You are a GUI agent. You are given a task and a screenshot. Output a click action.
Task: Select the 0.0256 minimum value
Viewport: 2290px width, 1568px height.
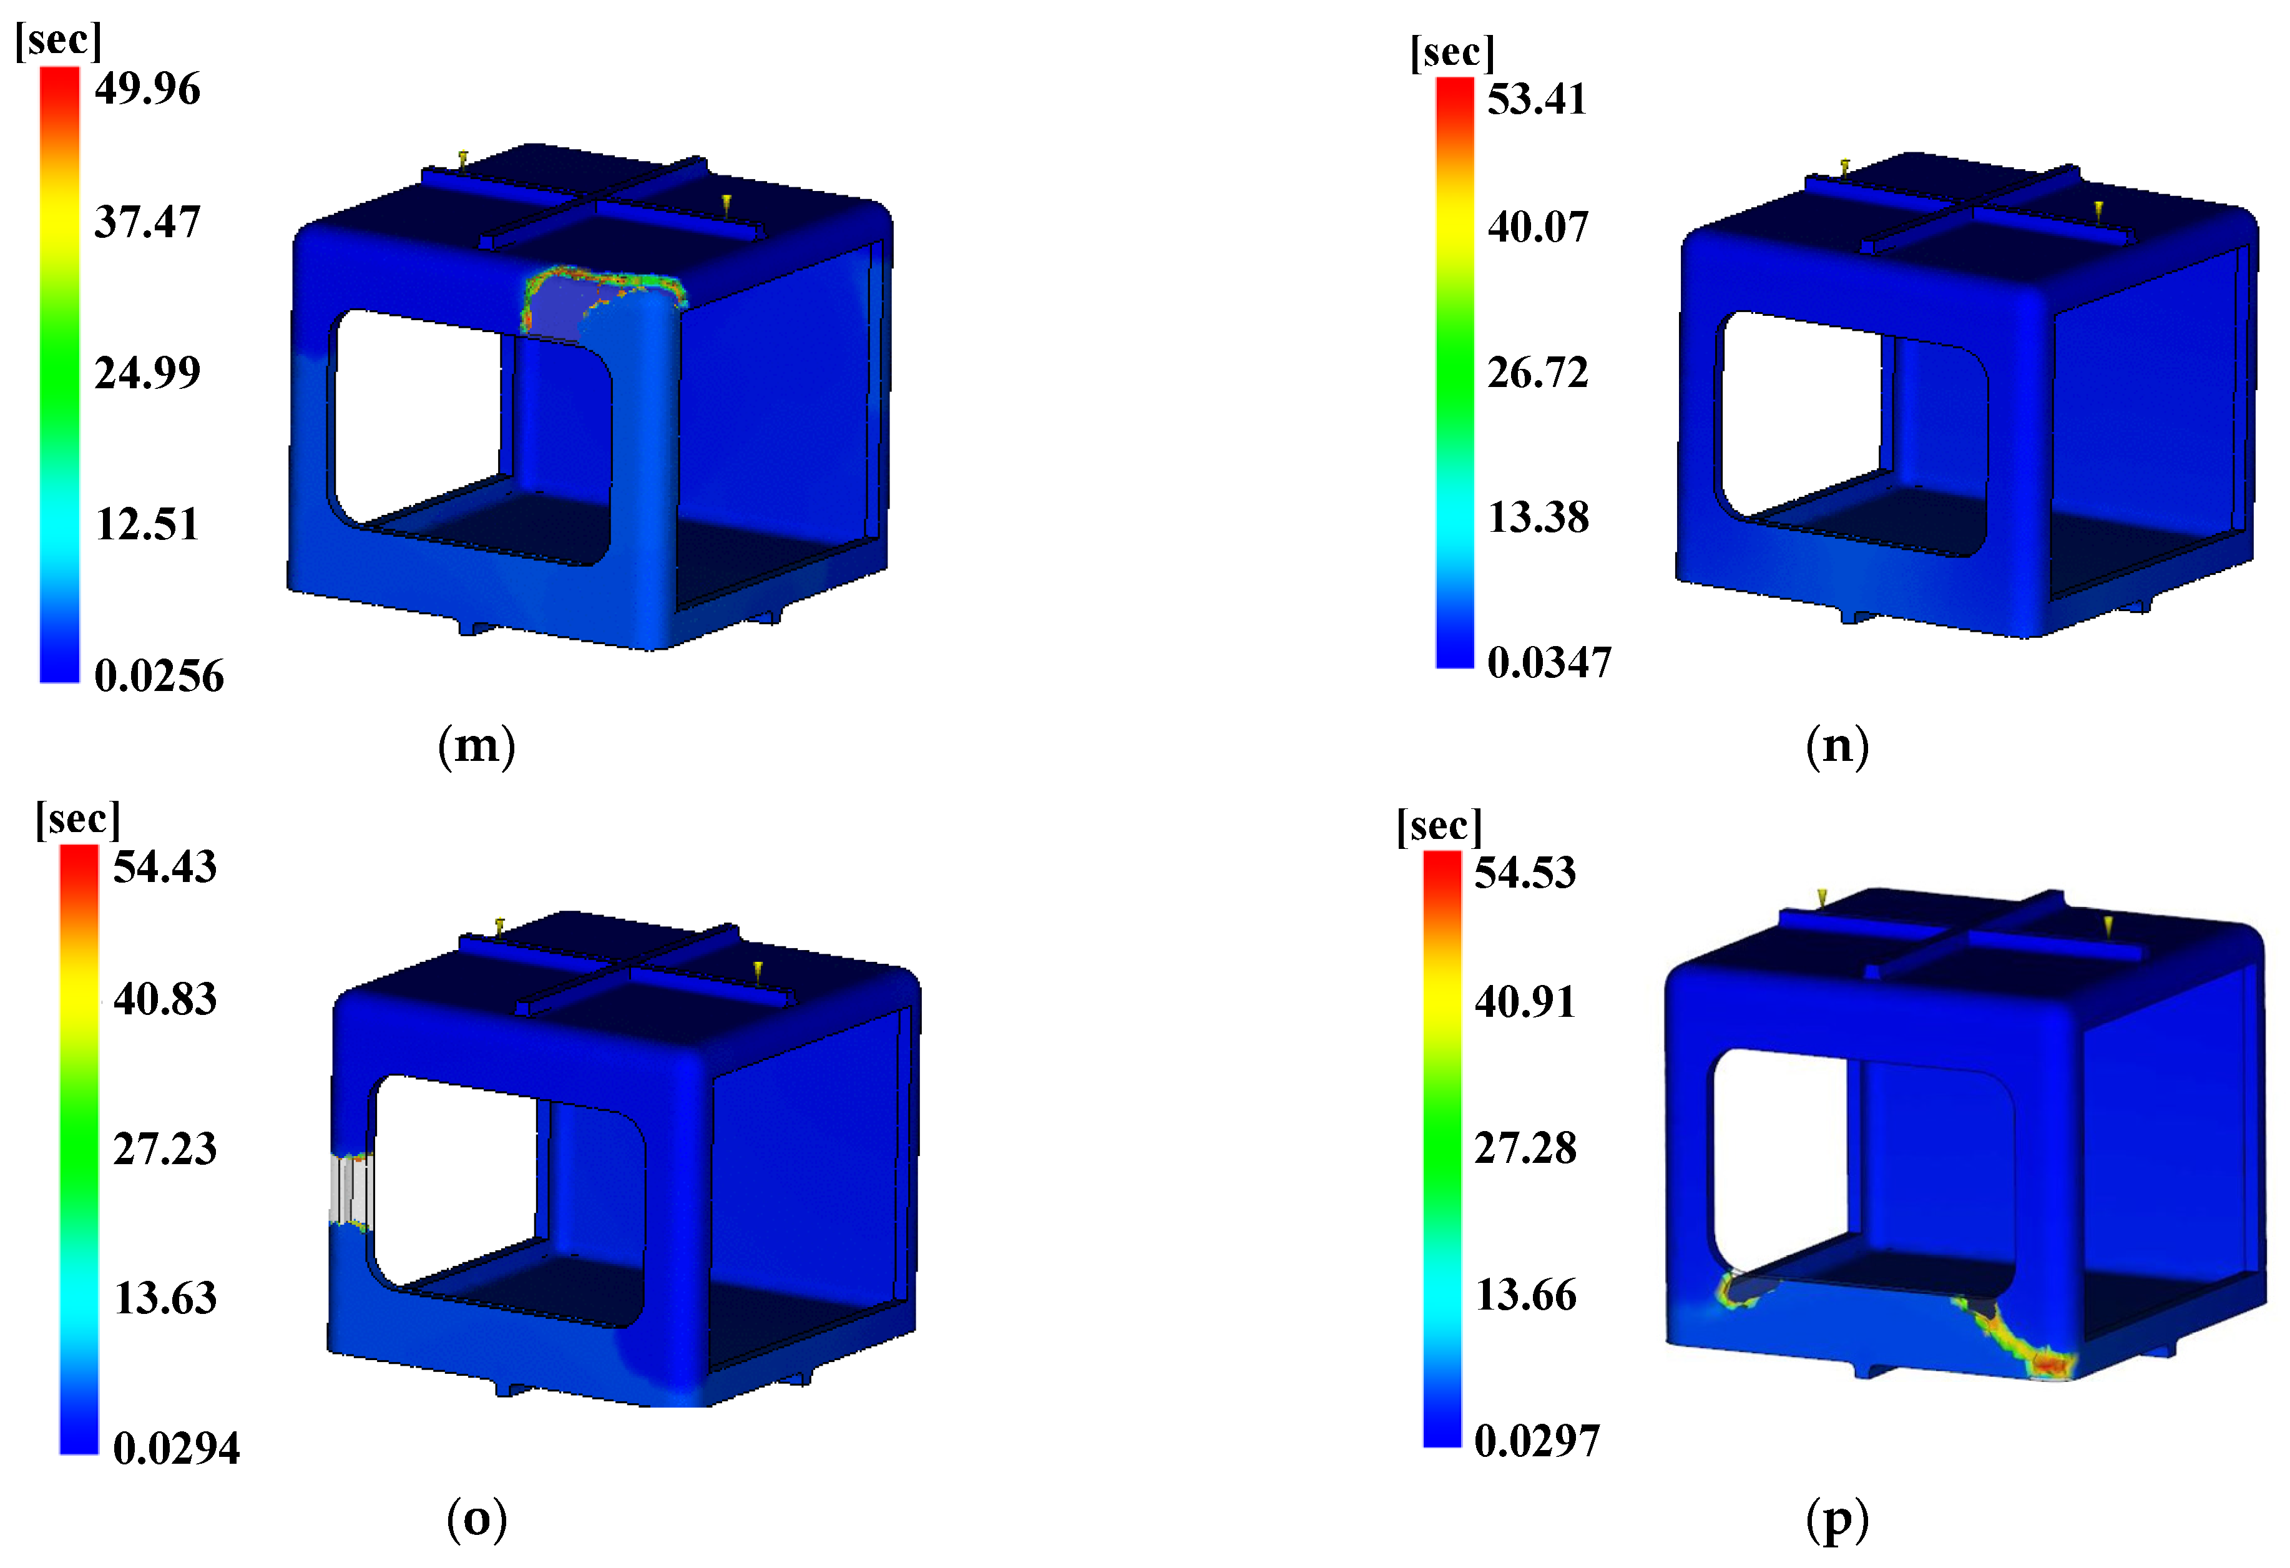[x=159, y=676]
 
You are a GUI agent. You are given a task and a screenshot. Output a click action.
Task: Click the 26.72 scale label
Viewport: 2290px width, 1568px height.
[x=1537, y=373]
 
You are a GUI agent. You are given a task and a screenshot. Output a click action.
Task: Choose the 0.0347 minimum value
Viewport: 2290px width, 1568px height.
[x=1549, y=662]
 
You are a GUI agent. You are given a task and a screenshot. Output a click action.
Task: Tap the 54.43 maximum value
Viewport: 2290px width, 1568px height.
[x=165, y=867]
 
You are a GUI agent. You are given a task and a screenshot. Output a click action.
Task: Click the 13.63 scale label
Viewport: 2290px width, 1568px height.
[x=165, y=1298]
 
